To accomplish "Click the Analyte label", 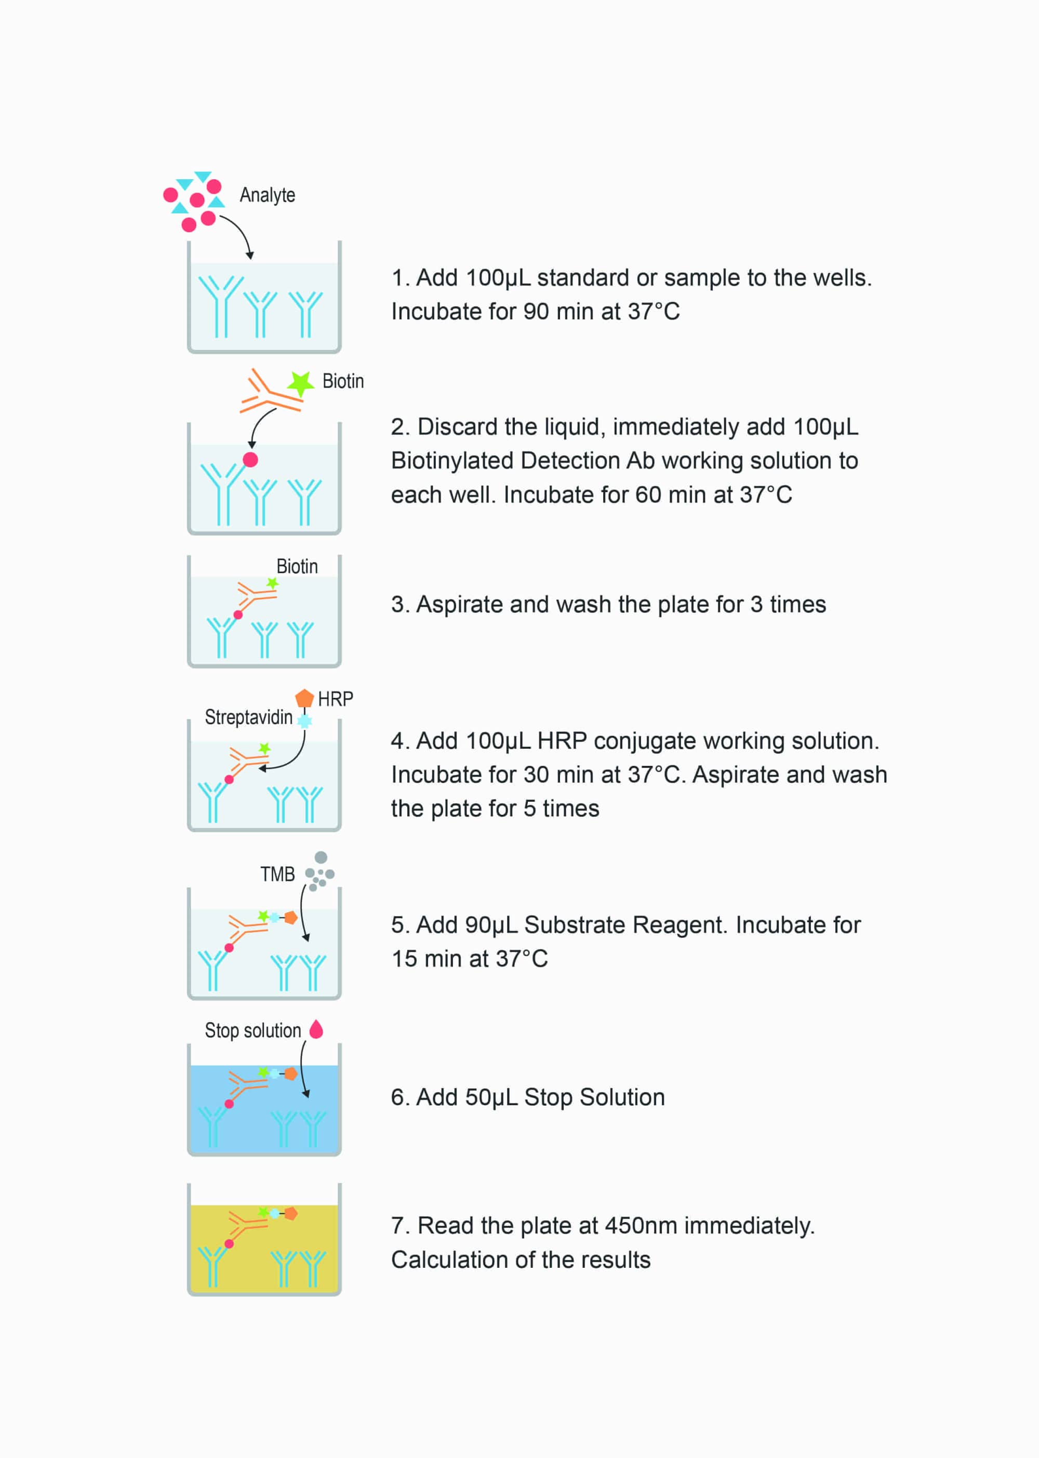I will [268, 195].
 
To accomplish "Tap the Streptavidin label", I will [248, 717].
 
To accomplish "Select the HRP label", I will [335, 699].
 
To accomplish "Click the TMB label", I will [277, 874].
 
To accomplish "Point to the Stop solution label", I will [252, 1030].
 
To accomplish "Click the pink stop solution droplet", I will [316, 1029].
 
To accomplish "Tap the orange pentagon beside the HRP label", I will [304, 698].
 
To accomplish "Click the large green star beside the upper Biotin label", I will [300, 383].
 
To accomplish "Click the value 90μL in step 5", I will [491, 925].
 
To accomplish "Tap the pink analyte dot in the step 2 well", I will [250, 459].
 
